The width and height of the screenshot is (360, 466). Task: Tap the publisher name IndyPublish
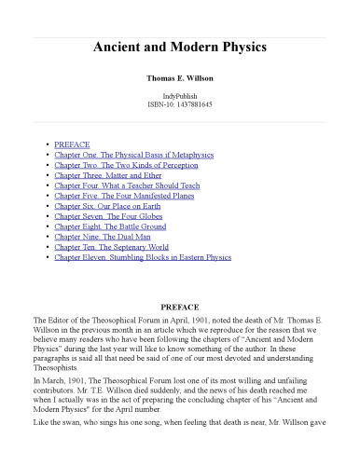coord(180,97)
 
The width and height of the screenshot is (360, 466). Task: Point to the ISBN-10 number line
coord(180,106)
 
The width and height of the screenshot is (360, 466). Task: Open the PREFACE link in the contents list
coord(72,146)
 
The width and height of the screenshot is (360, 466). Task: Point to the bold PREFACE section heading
coord(180,304)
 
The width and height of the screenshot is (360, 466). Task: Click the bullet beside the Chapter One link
coord(48,157)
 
